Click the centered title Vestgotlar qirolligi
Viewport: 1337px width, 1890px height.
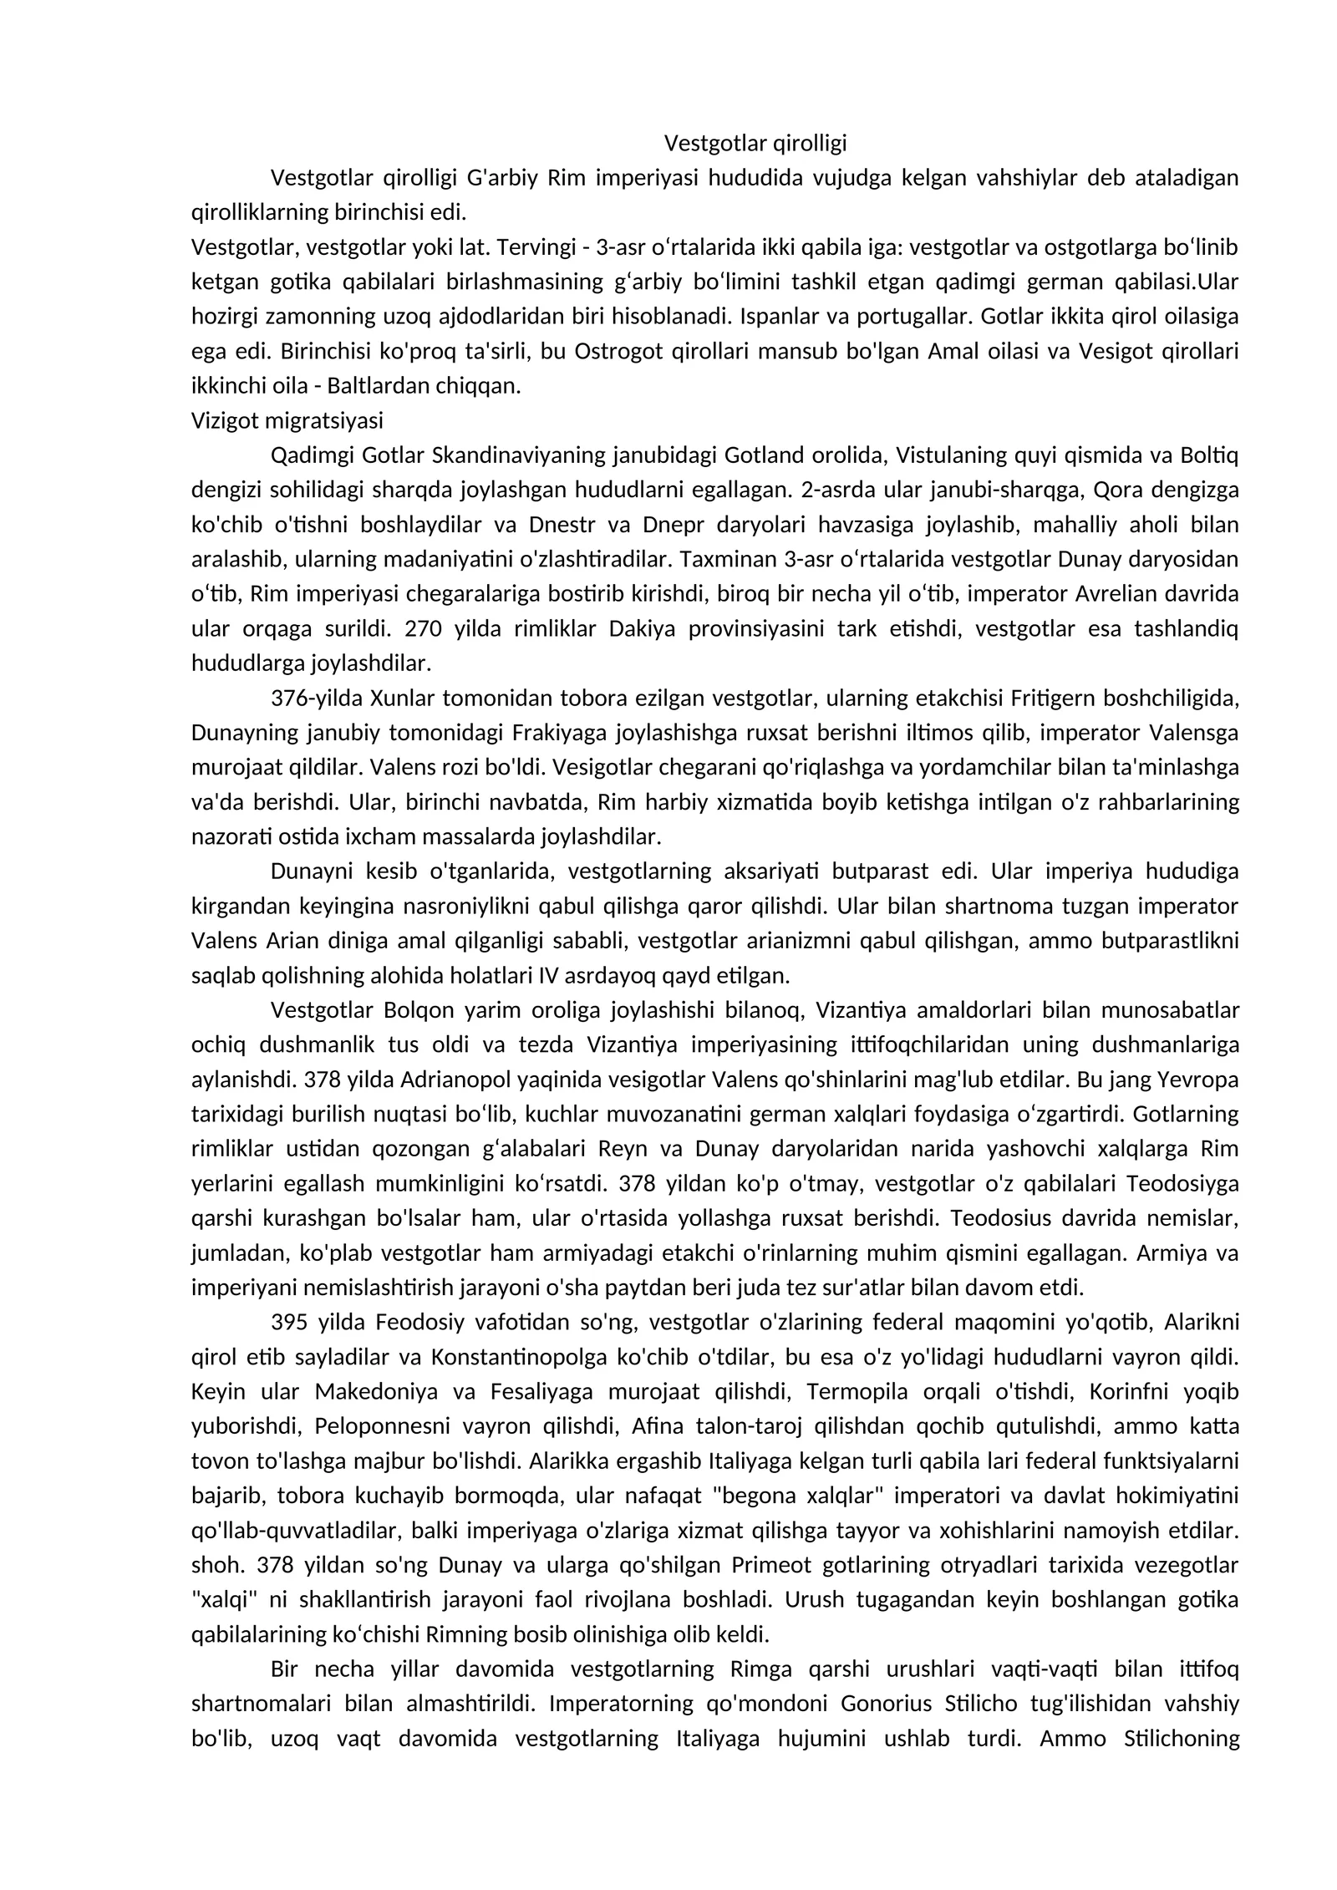pos(755,144)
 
